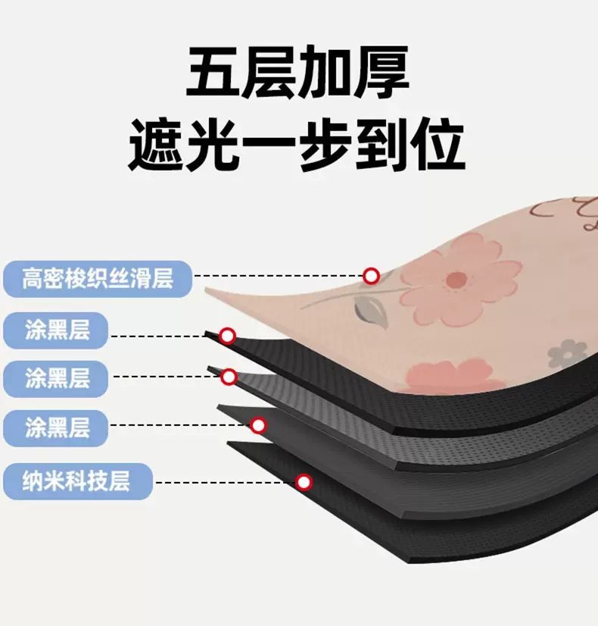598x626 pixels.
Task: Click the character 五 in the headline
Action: tap(214, 73)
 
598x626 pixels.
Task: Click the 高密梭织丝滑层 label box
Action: tap(98, 278)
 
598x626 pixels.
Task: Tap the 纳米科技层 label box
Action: tap(78, 480)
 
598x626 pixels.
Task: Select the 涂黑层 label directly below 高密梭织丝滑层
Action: tap(57, 330)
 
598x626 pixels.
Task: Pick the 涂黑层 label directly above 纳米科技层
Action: tap(57, 428)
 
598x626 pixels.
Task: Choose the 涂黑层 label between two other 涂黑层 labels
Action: tap(57, 378)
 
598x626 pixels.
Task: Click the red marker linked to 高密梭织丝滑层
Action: tap(371, 276)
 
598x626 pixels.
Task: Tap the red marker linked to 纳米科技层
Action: tap(304, 481)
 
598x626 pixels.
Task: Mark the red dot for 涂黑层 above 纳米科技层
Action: tap(258, 425)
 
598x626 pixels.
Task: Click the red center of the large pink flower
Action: tap(455, 280)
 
